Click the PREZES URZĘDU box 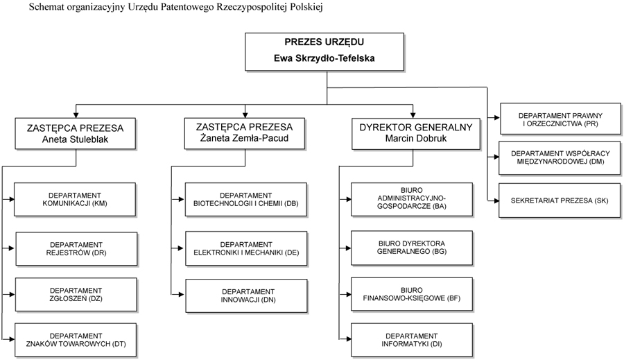[x=324, y=52]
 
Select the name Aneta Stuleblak [x=75, y=139]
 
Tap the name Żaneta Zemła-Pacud [x=244, y=138]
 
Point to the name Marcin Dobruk [x=416, y=138]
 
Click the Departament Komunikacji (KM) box [x=75, y=200]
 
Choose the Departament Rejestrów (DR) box [x=76, y=249]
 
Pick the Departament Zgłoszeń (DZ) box [x=76, y=295]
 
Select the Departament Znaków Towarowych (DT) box [x=76, y=340]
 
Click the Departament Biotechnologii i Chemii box [x=246, y=200]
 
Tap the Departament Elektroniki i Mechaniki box [x=246, y=248]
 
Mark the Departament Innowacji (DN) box [x=246, y=296]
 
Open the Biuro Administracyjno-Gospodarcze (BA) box [x=412, y=200]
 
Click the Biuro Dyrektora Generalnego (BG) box [x=412, y=248]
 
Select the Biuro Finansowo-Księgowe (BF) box [x=412, y=294]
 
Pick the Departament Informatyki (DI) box [x=412, y=340]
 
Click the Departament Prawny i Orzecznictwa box [x=561, y=119]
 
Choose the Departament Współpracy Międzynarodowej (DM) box [x=560, y=157]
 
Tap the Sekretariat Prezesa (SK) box [x=560, y=200]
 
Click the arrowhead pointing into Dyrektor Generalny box [x=413, y=114]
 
